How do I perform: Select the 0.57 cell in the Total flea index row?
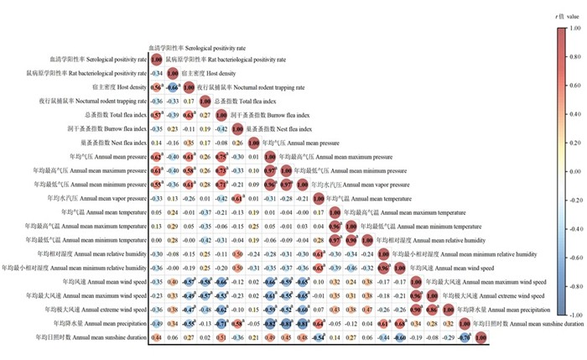(156, 113)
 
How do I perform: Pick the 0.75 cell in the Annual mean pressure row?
(221, 156)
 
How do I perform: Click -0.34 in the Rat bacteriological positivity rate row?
(156, 73)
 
